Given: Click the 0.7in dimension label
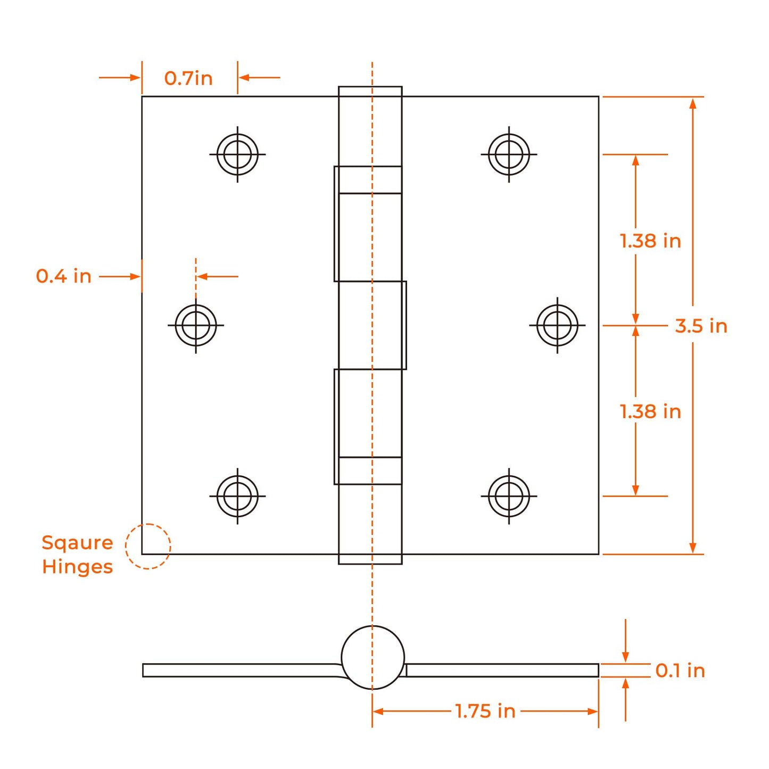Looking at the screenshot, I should [x=188, y=78].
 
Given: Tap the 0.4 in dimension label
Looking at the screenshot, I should [x=63, y=276].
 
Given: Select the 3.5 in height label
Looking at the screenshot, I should [x=701, y=326].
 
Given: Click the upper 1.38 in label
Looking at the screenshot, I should [x=650, y=241].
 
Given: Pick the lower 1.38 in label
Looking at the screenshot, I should [x=650, y=411].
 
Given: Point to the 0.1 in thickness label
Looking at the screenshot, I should [x=680, y=671].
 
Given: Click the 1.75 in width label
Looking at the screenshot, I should [x=485, y=711].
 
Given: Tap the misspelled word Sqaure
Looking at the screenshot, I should [x=77, y=542].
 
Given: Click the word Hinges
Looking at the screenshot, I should [x=77, y=567].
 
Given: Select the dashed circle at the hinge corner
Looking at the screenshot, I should [x=148, y=547].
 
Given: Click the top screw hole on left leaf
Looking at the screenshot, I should [x=237, y=154].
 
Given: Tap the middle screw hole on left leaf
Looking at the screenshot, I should [x=196, y=325].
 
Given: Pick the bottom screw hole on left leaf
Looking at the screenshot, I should [x=237, y=496].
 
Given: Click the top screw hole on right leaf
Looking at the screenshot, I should [x=509, y=154].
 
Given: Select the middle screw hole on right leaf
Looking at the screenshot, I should [x=557, y=325].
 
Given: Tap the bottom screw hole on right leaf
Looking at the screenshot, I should [x=509, y=496].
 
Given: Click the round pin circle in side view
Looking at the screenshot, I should [x=373, y=657].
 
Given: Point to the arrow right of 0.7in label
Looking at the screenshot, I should [x=259, y=78].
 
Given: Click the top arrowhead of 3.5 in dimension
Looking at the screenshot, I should [x=692, y=103].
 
